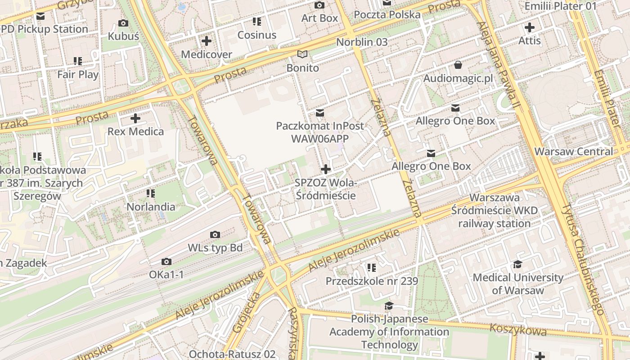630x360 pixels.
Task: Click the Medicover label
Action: pos(206,54)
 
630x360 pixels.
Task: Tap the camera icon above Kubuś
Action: pos(123,23)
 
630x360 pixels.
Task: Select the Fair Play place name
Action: pos(78,74)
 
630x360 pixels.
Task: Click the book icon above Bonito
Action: pos(303,54)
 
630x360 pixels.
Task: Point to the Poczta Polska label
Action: pos(387,15)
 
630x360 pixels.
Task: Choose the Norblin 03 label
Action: pos(362,42)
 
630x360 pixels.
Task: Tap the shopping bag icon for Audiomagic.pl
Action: pos(458,65)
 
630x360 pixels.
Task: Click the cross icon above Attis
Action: pos(530,27)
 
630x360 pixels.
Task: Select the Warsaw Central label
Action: pos(574,151)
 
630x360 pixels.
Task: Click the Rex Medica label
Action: pos(135,132)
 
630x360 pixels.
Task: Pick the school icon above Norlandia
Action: pos(151,193)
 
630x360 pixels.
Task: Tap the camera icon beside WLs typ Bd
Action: pos(215,234)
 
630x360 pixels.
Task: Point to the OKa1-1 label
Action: pos(166,274)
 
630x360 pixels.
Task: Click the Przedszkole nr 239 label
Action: pos(372,281)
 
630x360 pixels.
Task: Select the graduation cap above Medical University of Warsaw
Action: pos(517,264)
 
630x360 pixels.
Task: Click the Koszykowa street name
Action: pos(517,329)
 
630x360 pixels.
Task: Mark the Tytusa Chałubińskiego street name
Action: pos(583,259)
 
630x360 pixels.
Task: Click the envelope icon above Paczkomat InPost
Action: pos(319,112)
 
